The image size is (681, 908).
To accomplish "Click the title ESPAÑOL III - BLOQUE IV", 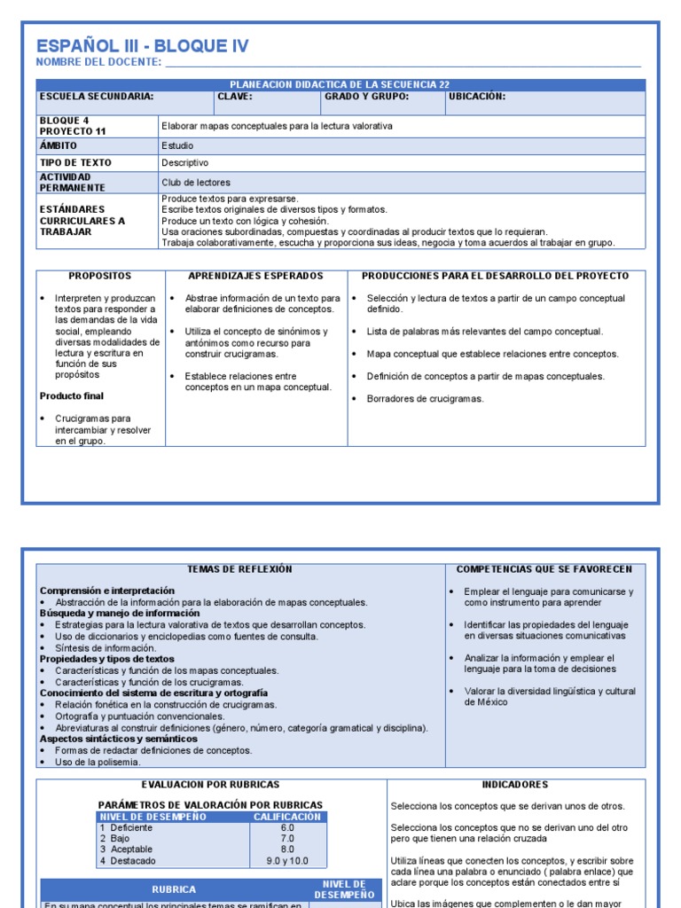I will tap(142, 46).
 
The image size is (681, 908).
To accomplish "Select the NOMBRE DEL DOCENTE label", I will tap(98, 62).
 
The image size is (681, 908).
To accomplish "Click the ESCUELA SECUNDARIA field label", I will tap(97, 97).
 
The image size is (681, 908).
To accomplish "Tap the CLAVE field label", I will tap(235, 97).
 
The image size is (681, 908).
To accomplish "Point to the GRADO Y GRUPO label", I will tap(366, 97).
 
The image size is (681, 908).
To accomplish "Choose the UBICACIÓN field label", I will tap(477, 97).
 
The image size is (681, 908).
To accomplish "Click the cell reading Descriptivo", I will tap(185, 163).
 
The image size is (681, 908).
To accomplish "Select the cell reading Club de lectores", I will tap(196, 182).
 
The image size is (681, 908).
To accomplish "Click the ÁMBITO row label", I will tap(59, 145).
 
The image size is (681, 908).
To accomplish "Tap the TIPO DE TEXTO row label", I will tap(76, 163).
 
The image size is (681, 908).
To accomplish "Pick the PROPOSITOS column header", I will tap(99, 277).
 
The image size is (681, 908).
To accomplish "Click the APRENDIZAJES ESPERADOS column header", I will tap(255, 277).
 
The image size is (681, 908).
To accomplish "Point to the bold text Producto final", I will tap(74, 396).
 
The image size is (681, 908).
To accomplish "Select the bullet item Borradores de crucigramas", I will tap(425, 399).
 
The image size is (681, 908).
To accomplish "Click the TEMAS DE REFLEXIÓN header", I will tap(239, 569).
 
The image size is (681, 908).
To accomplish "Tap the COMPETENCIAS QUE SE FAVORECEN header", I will tap(544, 569).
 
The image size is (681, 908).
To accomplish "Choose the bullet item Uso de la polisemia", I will tap(98, 762).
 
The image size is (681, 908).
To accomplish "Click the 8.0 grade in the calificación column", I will tap(287, 849).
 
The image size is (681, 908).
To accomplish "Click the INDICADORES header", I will tap(514, 785).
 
